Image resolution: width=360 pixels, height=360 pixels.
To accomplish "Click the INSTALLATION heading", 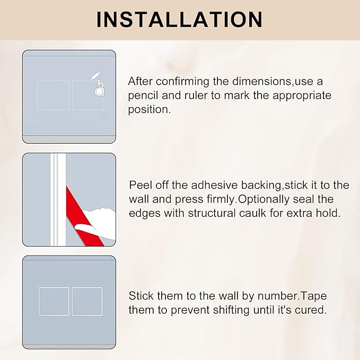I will [x=180, y=19].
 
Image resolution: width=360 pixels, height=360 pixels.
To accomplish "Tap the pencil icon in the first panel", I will [x=96, y=76].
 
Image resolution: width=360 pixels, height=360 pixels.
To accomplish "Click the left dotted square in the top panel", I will [x=53, y=95].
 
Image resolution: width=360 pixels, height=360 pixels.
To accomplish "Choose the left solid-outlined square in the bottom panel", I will [x=54, y=301].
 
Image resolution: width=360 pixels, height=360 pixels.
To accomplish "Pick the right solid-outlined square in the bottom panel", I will [x=87, y=301].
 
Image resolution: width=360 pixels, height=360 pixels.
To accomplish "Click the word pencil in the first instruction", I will [x=144, y=96].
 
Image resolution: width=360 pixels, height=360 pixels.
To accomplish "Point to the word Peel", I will [x=141, y=185].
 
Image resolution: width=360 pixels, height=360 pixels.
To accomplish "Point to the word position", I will [x=149, y=110].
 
